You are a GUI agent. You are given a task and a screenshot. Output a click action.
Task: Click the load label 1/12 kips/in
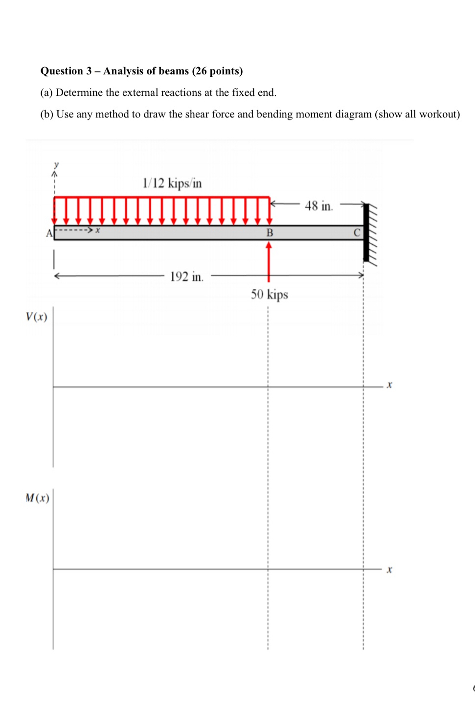click(172, 183)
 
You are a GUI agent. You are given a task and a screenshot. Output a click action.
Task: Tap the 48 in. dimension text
click(318, 206)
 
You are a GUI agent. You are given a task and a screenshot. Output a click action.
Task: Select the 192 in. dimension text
click(186, 277)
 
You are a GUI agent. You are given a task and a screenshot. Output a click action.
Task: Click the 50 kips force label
click(269, 294)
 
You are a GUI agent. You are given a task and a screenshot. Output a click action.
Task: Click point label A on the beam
click(49, 233)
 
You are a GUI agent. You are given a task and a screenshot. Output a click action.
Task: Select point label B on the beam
click(270, 233)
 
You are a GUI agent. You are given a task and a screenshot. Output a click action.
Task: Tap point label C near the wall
click(357, 233)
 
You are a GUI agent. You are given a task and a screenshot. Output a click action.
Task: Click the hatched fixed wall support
click(370, 233)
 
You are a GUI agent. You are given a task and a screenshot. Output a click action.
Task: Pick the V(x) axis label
click(36, 317)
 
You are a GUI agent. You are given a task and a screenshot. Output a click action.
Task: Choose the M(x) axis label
click(37, 498)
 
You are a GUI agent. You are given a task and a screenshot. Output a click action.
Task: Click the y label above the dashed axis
click(56, 164)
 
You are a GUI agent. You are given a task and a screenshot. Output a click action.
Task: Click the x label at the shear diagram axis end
click(389, 385)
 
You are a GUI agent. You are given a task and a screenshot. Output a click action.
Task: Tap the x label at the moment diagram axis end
click(389, 570)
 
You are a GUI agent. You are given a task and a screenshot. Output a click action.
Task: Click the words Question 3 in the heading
click(66, 71)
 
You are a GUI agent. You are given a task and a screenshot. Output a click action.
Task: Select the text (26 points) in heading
click(217, 71)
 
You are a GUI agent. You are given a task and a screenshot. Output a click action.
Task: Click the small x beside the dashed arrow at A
click(98, 230)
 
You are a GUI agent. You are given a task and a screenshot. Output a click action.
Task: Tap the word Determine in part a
click(79, 93)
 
